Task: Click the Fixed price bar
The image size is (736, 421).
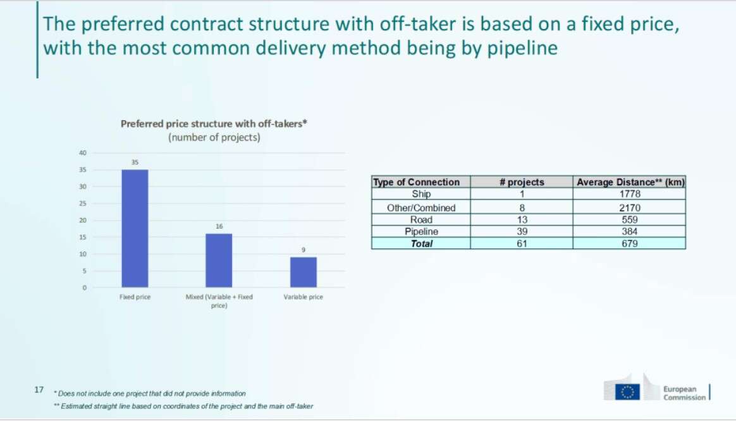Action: pos(135,228)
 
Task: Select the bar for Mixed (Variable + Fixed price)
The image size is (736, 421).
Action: pos(219,260)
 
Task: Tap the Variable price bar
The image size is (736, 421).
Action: pos(304,272)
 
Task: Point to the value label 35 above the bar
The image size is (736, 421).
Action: pos(135,162)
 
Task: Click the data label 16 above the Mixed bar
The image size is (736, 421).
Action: pos(219,226)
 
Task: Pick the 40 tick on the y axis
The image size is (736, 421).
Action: pos(83,152)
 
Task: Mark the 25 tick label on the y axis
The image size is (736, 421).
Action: pos(83,203)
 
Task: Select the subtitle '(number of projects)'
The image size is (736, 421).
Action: pos(214,138)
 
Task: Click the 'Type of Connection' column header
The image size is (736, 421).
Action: pos(416,182)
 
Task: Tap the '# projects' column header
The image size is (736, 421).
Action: pos(522,182)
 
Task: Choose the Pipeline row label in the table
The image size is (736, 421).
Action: pos(421,231)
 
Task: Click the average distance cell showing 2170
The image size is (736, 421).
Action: pos(629,207)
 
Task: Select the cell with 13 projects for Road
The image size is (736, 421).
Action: pos(522,219)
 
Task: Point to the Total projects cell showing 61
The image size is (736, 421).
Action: pos(522,243)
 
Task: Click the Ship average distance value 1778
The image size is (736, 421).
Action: pos(629,194)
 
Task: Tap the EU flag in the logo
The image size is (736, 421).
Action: pos(628,392)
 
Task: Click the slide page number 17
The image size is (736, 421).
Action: pos(39,389)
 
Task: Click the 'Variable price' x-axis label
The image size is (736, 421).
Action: pos(304,297)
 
